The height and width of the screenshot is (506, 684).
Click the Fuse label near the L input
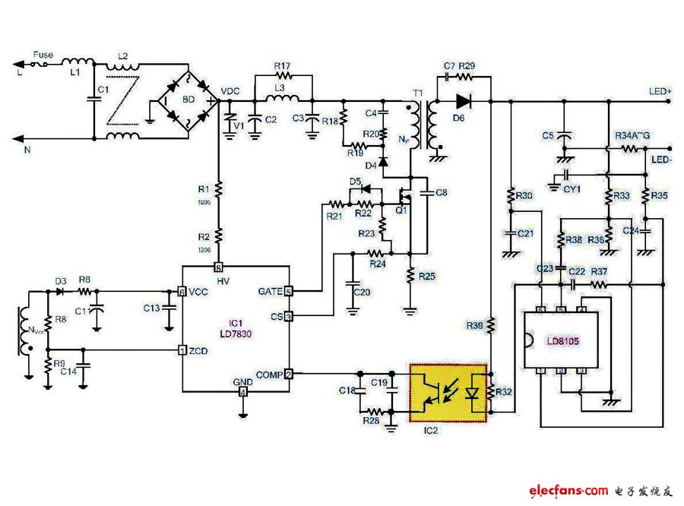43,55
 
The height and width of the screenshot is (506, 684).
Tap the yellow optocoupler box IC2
448,392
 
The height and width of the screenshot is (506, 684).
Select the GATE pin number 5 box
288,291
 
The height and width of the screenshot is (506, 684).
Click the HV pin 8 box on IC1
218,267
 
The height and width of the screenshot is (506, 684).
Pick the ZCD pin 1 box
182,349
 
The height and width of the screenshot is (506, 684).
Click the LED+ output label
660,91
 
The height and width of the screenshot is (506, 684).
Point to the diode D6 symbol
463,100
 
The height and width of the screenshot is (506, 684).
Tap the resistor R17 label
282,67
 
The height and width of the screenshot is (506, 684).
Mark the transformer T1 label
417,93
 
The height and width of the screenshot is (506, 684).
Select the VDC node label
230,91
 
